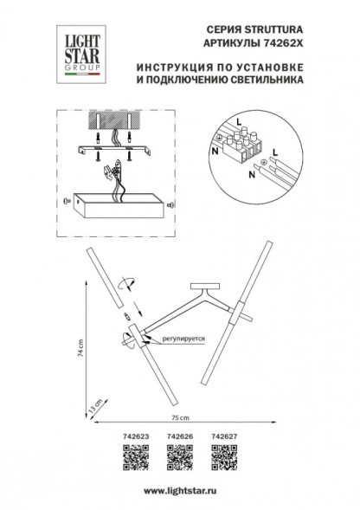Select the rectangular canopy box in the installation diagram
pos(117,206)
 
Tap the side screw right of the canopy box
pos(170,206)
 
